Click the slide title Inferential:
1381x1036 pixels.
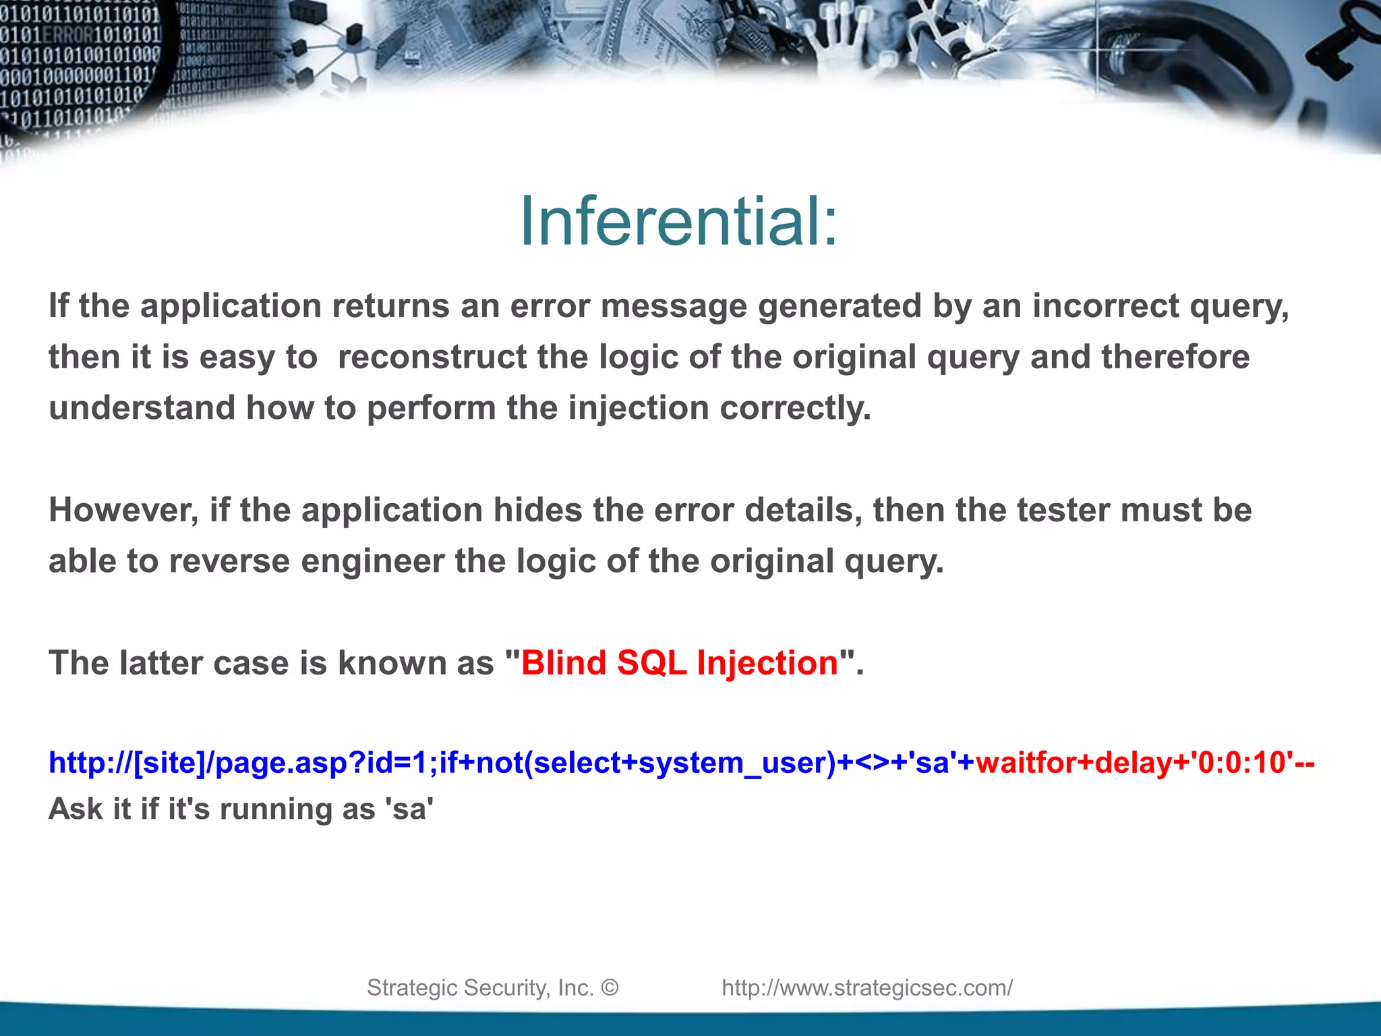point(678,221)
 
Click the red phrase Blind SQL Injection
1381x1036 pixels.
point(679,662)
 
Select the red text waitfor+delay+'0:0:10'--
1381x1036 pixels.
point(1144,763)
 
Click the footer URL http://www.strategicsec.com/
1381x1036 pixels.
point(867,987)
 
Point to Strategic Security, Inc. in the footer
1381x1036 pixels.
point(479,987)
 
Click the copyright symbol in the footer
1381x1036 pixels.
point(609,987)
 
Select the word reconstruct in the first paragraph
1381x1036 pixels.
point(432,357)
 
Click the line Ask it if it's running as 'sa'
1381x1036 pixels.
point(241,809)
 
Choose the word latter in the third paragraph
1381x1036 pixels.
point(161,662)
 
